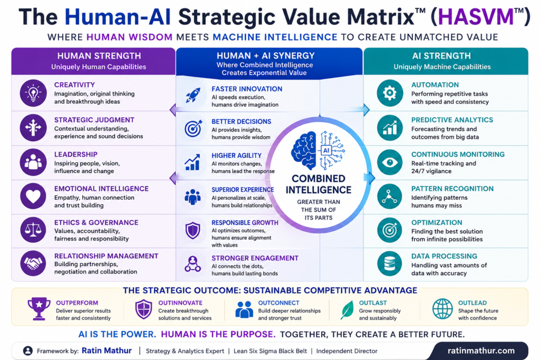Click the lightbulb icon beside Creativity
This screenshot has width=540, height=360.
click(33, 93)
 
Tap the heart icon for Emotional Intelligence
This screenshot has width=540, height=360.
click(33, 196)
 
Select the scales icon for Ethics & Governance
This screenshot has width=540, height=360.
click(33, 230)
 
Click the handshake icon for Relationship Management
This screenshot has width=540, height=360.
click(33, 264)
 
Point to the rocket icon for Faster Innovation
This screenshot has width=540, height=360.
click(193, 95)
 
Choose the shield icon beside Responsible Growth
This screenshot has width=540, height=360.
click(193, 230)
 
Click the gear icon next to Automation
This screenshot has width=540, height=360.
click(390, 93)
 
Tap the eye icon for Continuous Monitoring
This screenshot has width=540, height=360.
click(390, 162)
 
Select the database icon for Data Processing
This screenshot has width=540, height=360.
click(390, 264)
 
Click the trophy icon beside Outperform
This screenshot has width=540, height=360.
click(39, 309)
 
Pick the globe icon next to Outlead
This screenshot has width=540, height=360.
click(442, 309)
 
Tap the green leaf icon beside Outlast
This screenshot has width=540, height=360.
click(347, 309)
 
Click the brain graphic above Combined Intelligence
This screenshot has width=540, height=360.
click(318, 150)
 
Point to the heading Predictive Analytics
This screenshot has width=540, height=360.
click(452, 120)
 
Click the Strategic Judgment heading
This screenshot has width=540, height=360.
click(94, 120)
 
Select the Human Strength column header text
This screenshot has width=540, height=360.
click(99, 56)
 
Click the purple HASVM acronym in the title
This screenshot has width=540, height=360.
click(476, 17)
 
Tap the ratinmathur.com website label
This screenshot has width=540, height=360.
click(481, 351)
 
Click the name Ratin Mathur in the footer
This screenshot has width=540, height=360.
click(107, 351)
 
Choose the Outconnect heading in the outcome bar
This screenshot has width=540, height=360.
click(278, 303)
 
